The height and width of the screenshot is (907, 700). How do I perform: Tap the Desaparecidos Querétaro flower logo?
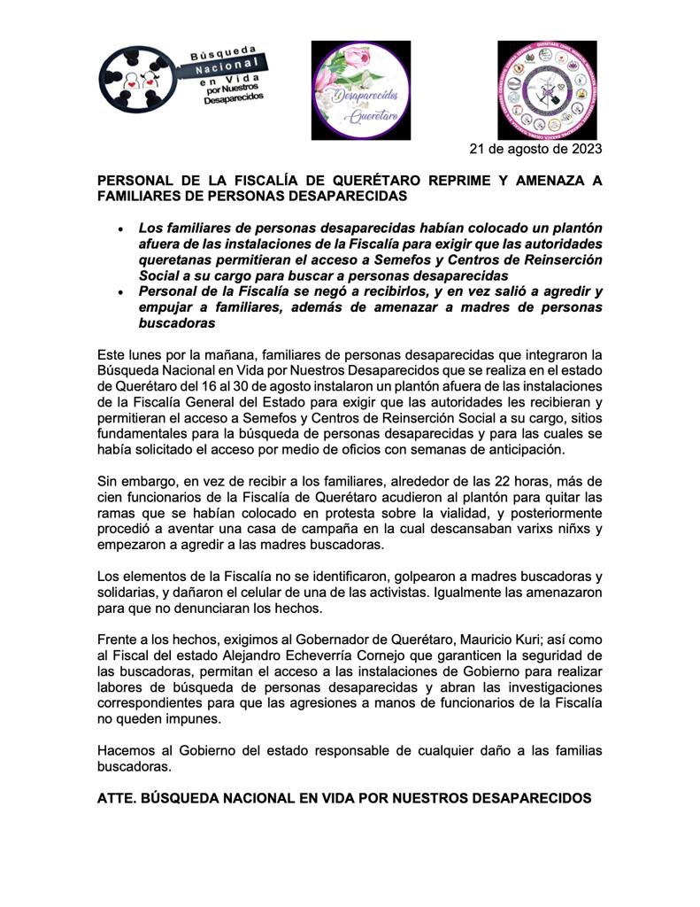coord(360,89)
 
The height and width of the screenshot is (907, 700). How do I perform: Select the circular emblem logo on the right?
coord(546,89)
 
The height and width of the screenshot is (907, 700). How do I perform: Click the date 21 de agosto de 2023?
coord(535,149)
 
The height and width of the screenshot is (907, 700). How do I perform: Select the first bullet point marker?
coord(120,229)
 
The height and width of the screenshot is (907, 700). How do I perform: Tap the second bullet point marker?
coord(120,291)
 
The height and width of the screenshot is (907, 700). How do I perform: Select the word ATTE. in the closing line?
coord(117,798)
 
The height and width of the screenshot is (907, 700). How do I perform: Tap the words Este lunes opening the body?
coord(133,354)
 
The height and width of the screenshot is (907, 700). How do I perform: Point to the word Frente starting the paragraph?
coord(119,640)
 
